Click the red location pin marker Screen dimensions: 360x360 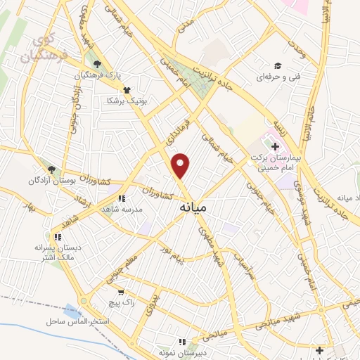(x=181, y=165)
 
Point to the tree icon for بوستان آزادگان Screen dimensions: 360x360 (x=51, y=169)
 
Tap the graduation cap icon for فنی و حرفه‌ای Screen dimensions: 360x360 (x=278, y=65)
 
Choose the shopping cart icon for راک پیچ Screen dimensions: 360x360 (x=122, y=292)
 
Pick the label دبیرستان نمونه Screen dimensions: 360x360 (x=181, y=352)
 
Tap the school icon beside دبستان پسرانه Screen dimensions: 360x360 (x=58, y=237)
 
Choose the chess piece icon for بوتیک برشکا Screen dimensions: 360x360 (x=127, y=90)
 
